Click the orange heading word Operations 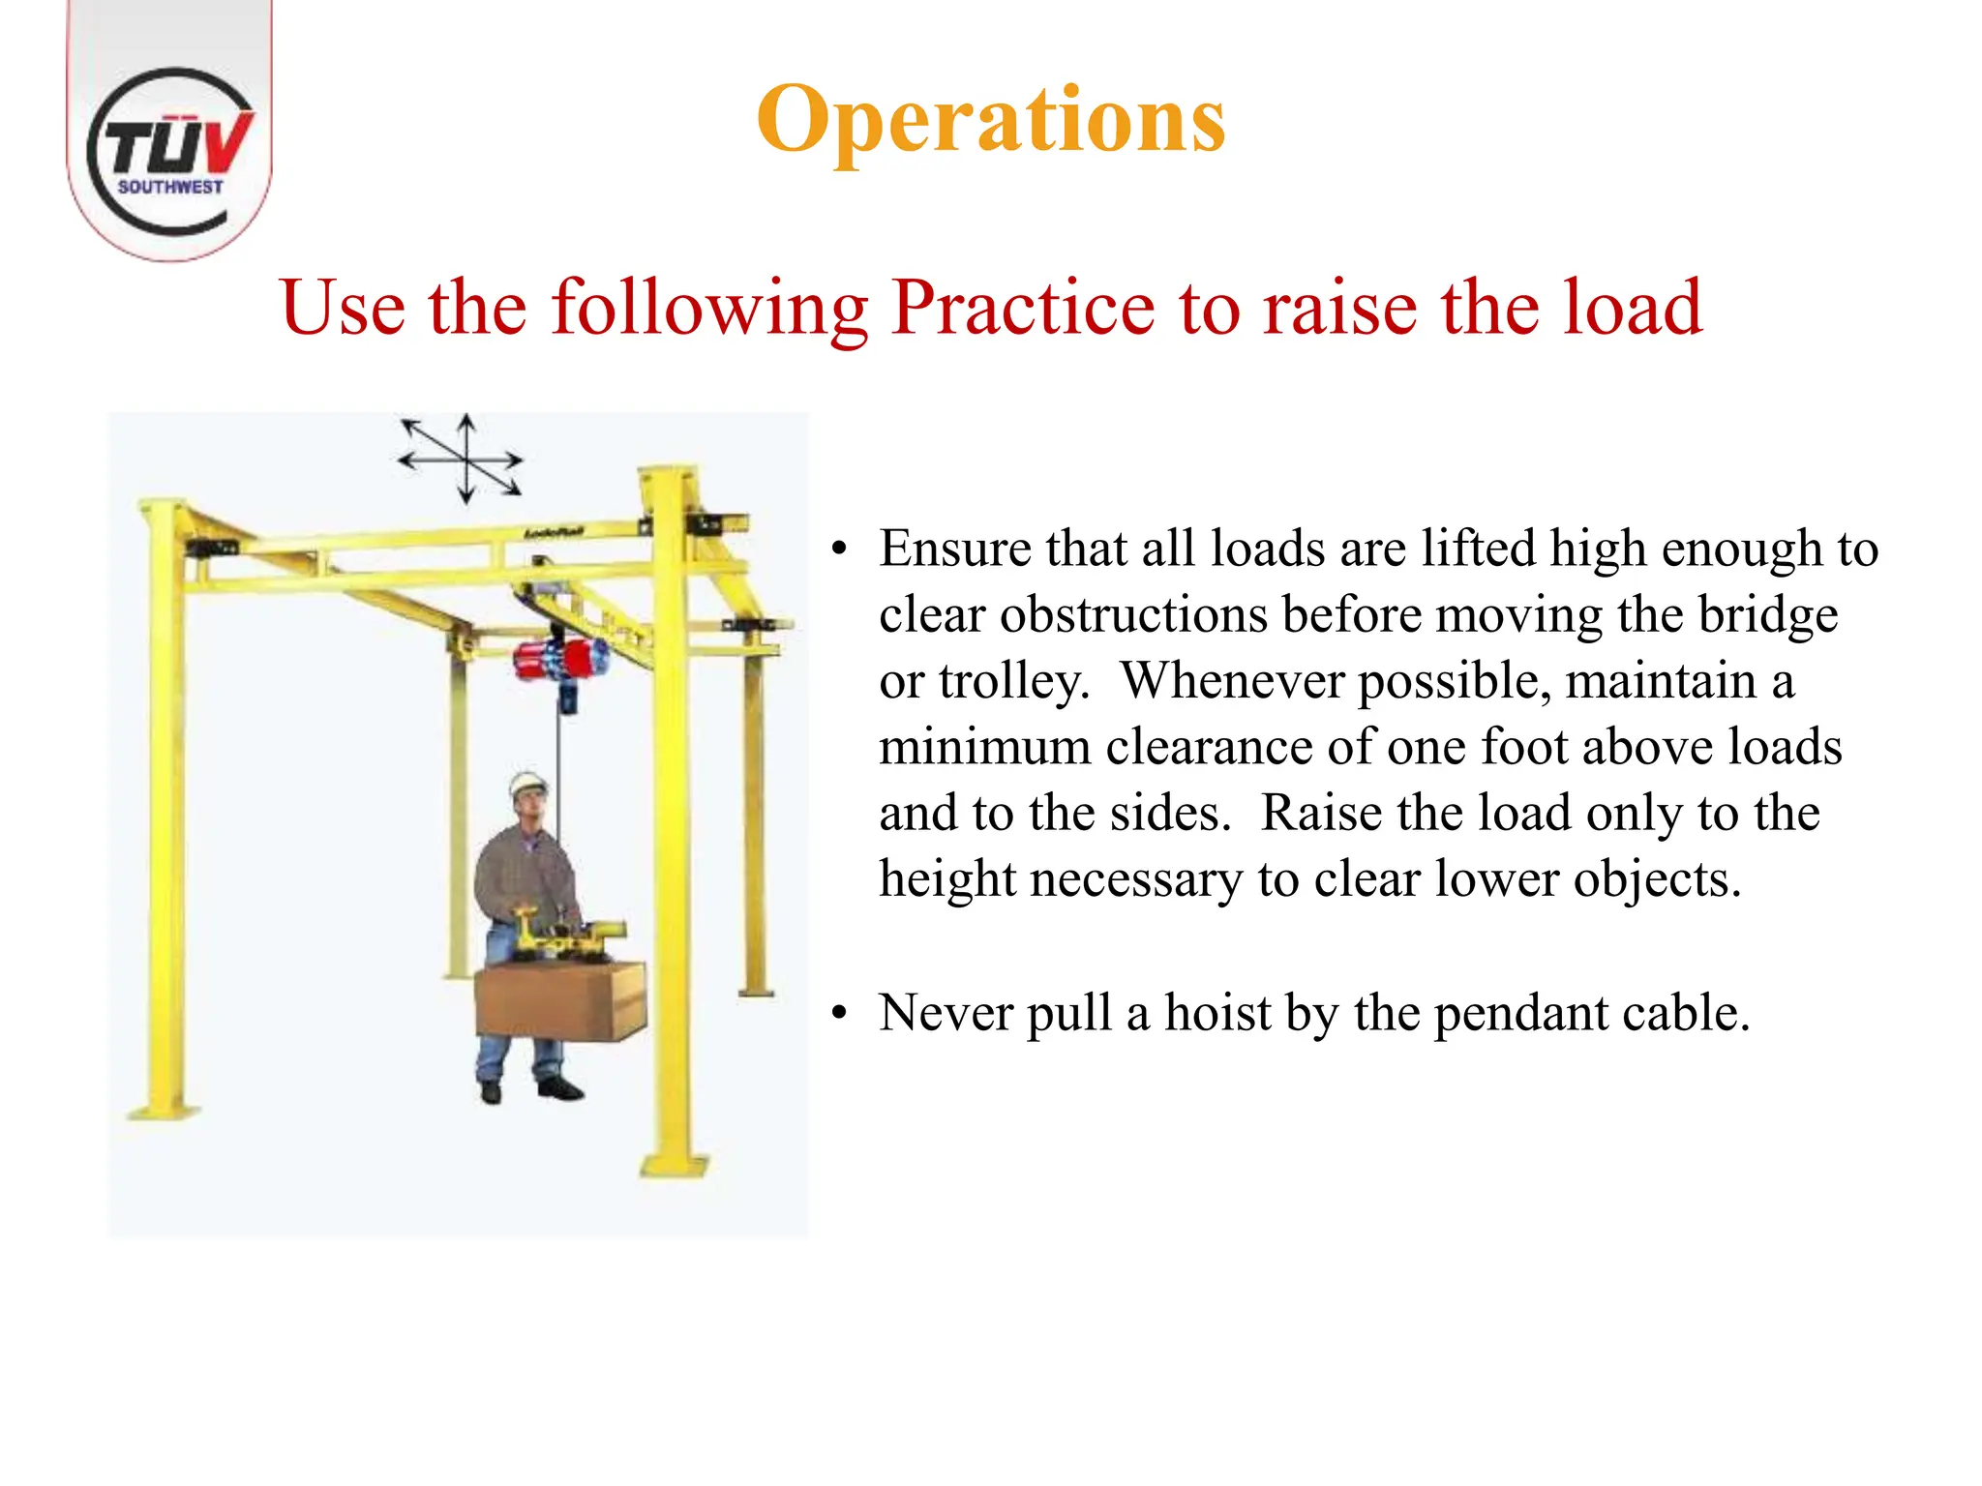pyautogui.click(x=990, y=120)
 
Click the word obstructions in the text pyautogui.click(x=1133, y=615)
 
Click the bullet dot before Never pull pyautogui.click(x=839, y=1014)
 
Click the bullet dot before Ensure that pyautogui.click(x=839, y=550)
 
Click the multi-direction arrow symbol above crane pyautogui.click(x=464, y=460)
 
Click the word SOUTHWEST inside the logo pyautogui.click(x=170, y=187)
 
